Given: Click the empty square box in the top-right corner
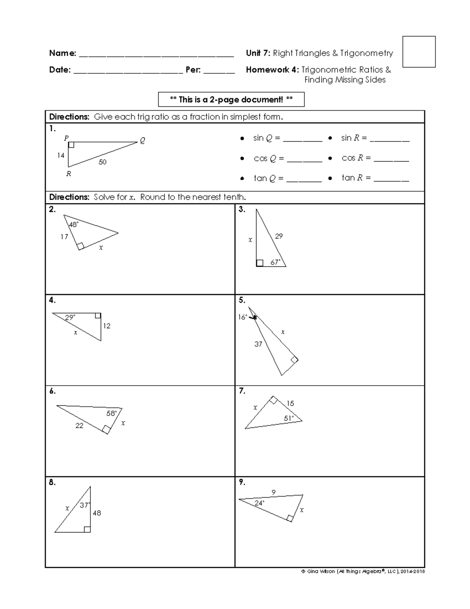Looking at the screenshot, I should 419,52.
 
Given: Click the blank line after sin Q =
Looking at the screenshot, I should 302,139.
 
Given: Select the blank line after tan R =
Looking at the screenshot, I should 391,179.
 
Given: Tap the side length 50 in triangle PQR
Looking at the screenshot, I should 102,162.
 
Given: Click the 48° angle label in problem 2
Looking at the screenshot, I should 74,225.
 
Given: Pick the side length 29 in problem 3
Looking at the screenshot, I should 278,236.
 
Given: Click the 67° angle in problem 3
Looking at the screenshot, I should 275,262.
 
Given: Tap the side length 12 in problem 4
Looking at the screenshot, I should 107,326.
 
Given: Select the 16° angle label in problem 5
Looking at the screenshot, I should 242,317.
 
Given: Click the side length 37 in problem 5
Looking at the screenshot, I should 258,344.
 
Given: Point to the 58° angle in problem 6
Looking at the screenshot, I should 111,413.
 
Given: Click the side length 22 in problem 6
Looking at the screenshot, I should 79,425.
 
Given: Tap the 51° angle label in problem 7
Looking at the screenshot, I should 289,418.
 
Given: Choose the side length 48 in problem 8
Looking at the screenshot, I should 97,513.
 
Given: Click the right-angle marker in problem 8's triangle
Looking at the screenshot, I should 87,529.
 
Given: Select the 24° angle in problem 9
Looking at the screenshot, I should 259,503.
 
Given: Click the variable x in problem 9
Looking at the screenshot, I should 302,510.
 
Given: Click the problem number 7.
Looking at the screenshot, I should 242,391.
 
